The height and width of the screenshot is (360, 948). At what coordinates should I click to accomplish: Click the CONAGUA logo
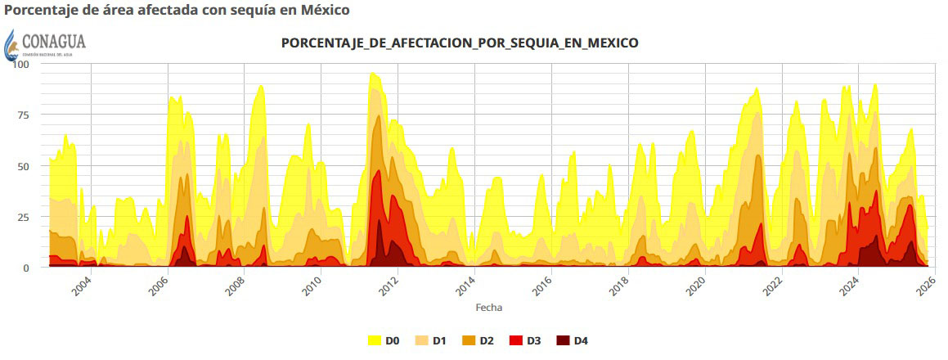[46, 43]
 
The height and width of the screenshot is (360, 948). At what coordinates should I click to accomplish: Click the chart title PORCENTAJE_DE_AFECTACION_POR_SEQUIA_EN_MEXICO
[460, 43]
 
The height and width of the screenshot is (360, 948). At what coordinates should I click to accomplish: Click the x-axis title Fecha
[489, 308]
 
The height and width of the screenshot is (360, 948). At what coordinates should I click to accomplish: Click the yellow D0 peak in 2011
[373, 75]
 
